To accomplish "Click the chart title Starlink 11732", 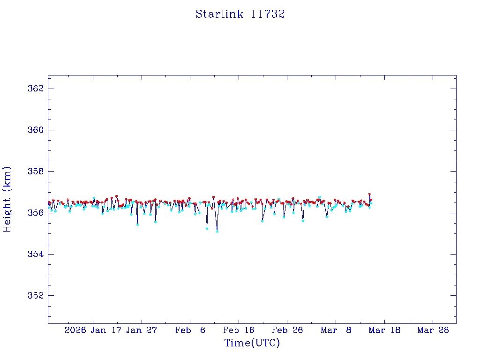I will pyautogui.click(x=240, y=14).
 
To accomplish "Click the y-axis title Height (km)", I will pyautogui.click(x=7, y=199).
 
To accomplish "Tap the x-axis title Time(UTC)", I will pyautogui.click(x=252, y=343).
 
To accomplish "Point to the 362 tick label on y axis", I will pyautogui.click(x=35, y=89).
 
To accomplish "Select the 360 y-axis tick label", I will pyautogui.click(x=35, y=130).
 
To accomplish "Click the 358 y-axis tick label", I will pyautogui.click(x=35, y=172).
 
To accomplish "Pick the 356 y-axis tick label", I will pyautogui.click(x=35, y=213).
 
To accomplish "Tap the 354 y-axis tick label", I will pyautogui.click(x=35, y=254).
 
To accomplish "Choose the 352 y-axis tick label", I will pyautogui.click(x=35, y=296).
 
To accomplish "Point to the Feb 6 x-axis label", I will pyautogui.click(x=190, y=330).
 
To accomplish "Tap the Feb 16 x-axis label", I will pyautogui.click(x=239, y=330).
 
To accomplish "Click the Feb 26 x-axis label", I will pyautogui.click(x=288, y=330).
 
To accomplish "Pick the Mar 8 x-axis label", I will pyautogui.click(x=336, y=330).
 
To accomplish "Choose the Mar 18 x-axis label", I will pyautogui.click(x=385, y=330).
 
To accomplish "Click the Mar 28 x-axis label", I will pyautogui.click(x=433, y=330).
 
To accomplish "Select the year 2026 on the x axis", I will pyautogui.click(x=75, y=330).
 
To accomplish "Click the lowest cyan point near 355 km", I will pyautogui.click(x=217, y=231).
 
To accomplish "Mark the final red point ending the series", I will pyautogui.click(x=371, y=200).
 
